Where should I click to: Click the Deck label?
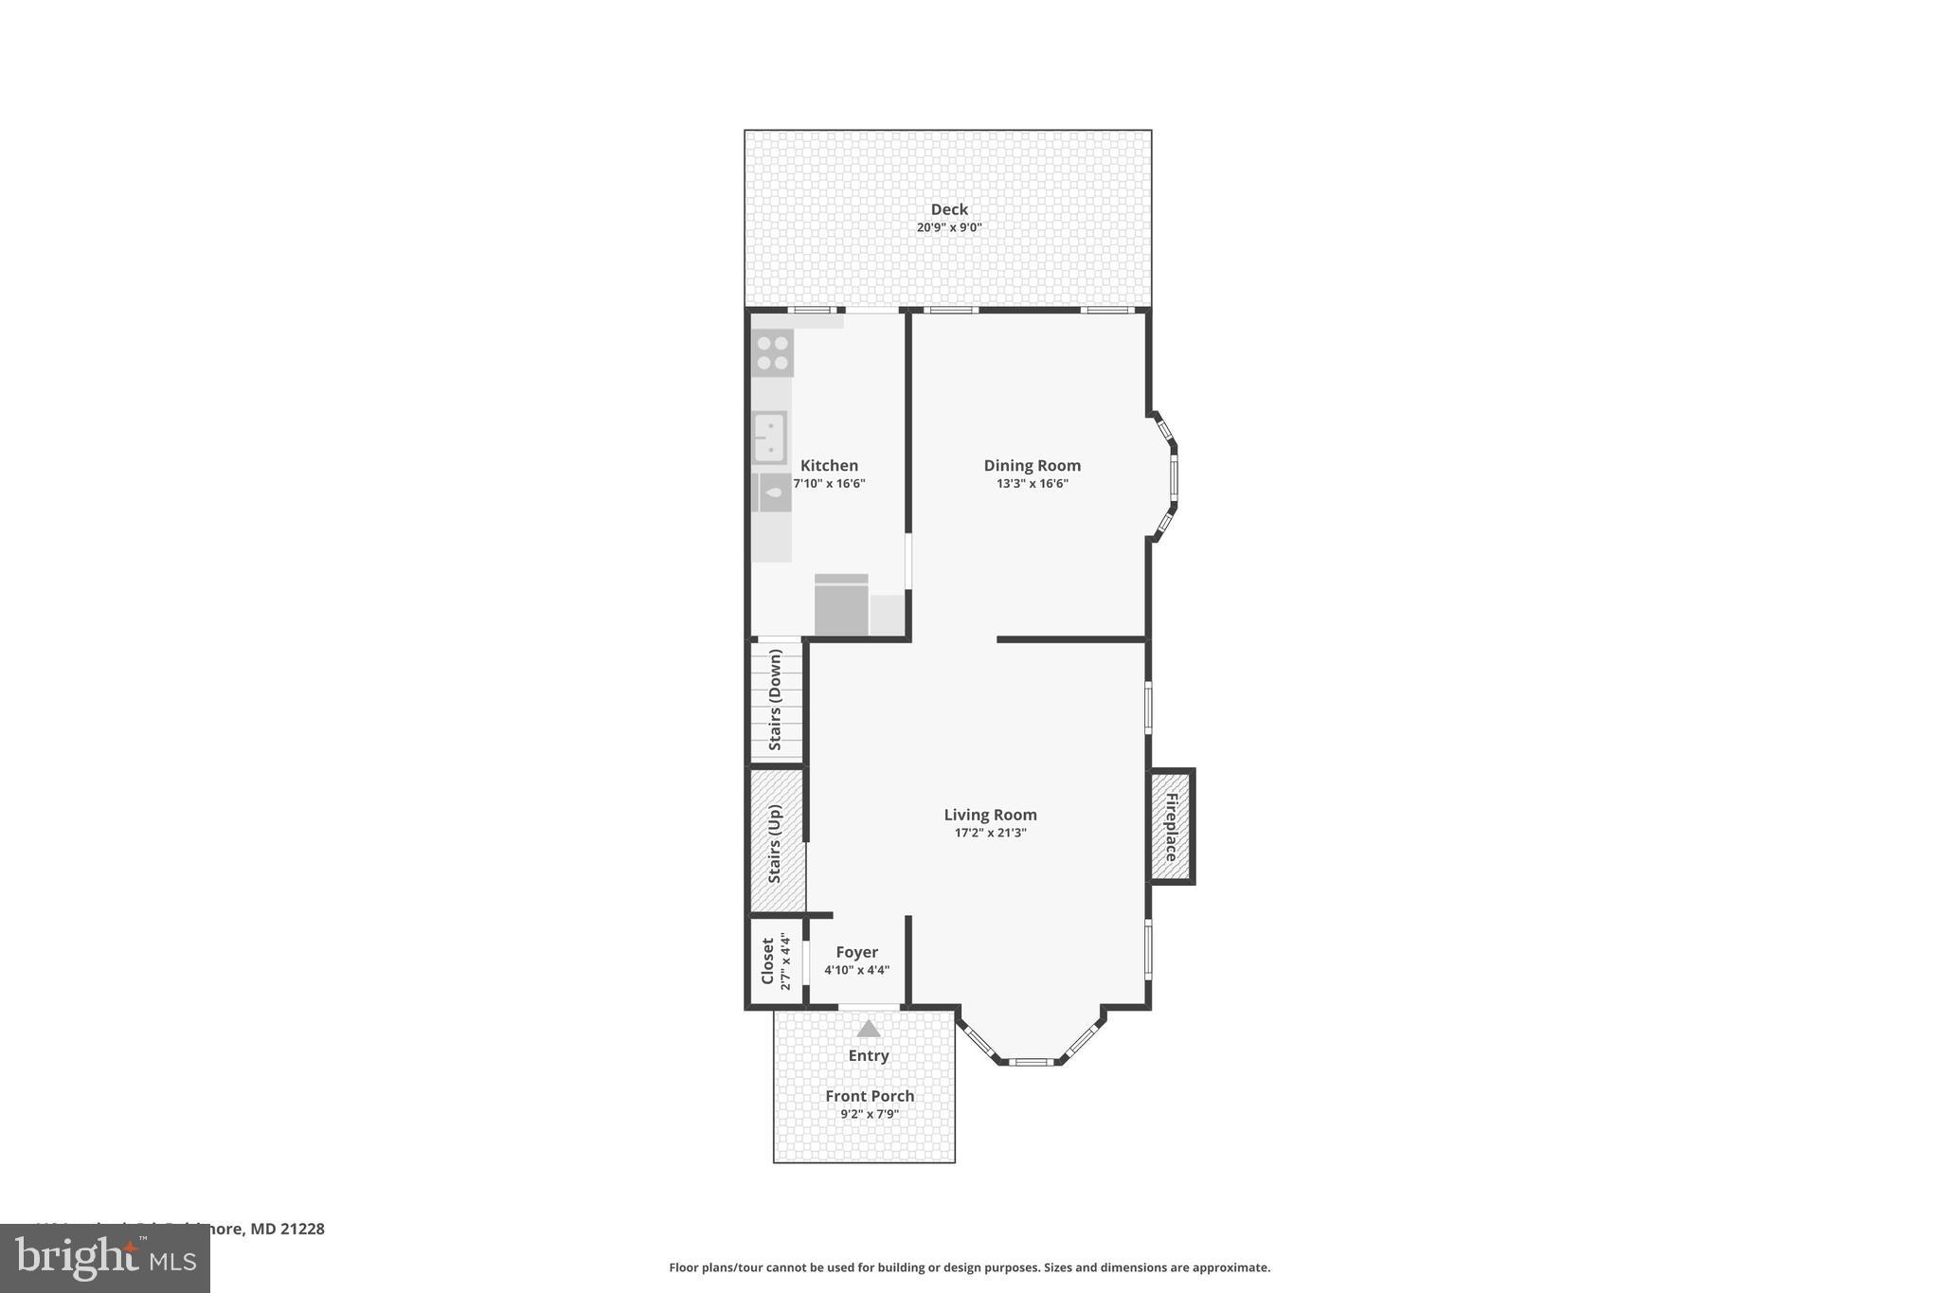click(948, 209)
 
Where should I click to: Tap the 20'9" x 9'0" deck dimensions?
click(948, 227)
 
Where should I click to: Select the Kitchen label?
click(829, 465)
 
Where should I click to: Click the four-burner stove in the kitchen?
click(772, 353)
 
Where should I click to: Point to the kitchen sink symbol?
click(769, 438)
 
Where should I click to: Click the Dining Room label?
click(1032, 465)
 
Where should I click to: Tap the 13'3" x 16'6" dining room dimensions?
click(1032, 483)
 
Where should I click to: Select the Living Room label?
click(990, 815)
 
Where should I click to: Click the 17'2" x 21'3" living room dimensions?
click(990, 833)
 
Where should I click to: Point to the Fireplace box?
click(1171, 826)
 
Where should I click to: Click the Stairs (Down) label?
click(775, 699)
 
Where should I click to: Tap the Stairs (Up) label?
click(775, 843)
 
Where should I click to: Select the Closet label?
click(768, 961)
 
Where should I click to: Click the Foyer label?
click(856, 952)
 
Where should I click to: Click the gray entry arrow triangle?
click(869, 1029)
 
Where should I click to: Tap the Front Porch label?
click(870, 1096)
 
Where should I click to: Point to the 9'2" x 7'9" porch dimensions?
click(870, 1114)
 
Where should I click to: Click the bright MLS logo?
click(105, 1259)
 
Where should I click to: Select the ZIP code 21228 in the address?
click(302, 1229)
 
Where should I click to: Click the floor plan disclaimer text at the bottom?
click(969, 1267)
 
